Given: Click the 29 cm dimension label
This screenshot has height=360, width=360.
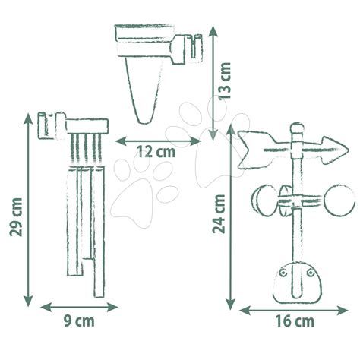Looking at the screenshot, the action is [16, 217].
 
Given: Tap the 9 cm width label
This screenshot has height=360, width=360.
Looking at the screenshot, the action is [79, 321].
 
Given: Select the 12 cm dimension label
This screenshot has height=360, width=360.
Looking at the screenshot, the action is [156, 152].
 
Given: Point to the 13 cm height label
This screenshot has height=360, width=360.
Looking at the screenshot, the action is [225, 81].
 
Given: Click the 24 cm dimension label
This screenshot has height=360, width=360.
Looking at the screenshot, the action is [219, 214].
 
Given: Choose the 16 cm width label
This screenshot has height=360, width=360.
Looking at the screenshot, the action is [295, 321].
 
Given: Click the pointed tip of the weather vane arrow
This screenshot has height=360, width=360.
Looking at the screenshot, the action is [349, 150].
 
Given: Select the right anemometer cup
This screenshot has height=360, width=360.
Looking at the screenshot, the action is [339, 200].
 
